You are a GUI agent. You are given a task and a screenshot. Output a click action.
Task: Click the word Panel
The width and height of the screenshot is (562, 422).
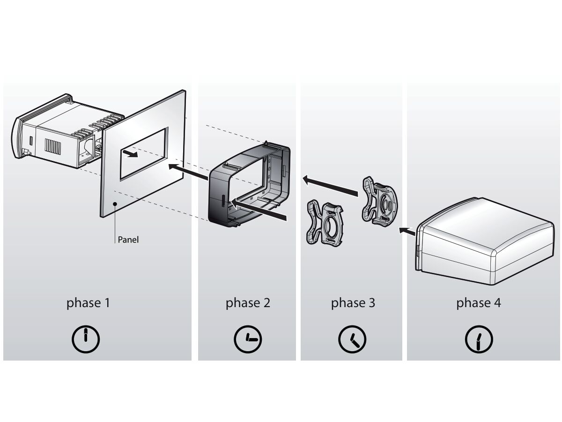[128, 240]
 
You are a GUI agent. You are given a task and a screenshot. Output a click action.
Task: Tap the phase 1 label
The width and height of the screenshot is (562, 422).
[88, 303]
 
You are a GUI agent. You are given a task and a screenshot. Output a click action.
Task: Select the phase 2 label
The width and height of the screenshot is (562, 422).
[248, 303]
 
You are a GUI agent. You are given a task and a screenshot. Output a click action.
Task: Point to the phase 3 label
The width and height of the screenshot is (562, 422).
[353, 303]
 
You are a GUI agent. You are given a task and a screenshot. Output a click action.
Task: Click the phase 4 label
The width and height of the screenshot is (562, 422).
[478, 303]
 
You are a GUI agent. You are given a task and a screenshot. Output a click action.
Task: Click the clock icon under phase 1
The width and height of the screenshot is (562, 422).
[86, 339]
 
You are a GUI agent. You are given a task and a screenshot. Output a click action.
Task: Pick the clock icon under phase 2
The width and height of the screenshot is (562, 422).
[248, 339]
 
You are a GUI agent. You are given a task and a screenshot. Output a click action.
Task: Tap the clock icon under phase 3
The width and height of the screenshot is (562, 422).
[352, 339]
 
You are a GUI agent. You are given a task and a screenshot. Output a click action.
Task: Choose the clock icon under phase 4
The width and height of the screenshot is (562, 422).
[479, 339]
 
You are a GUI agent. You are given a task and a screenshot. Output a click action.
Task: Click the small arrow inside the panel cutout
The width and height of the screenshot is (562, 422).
[130, 153]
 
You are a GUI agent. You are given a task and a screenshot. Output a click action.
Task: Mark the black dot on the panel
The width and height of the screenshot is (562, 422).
[115, 203]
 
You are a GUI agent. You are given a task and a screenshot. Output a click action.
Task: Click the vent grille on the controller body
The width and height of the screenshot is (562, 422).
[53, 147]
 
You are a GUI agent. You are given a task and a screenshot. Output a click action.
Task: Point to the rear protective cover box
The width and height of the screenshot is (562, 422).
[485, 241]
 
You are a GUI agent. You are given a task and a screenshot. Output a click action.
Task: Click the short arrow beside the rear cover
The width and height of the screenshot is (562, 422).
[407, 231]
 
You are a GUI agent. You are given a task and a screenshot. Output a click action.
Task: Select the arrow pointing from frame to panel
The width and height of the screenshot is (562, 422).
[188, 172]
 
